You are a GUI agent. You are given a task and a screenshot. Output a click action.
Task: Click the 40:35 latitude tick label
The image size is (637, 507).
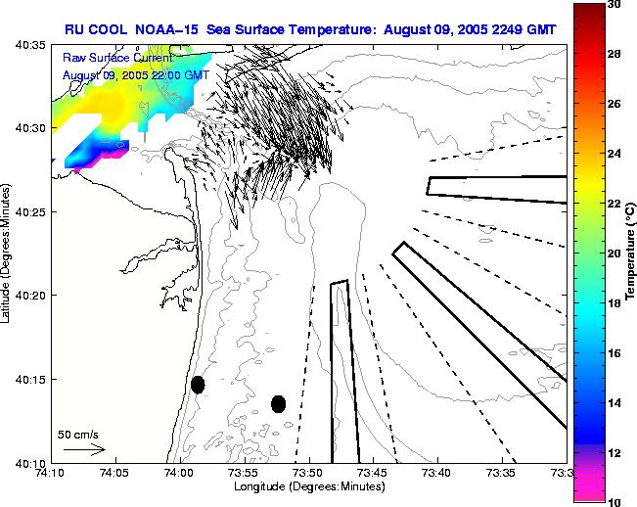[30, 45]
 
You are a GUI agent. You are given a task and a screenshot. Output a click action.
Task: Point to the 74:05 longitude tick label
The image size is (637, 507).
[115, 474]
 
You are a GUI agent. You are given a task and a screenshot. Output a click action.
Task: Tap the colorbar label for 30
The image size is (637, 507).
[614, 5]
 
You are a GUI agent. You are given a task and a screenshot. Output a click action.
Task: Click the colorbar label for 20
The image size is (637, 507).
[614, 253]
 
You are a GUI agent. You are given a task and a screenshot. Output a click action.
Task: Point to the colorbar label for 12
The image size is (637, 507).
[614, 452]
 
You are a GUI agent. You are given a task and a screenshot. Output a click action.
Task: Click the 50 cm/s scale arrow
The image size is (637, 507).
[83, 450]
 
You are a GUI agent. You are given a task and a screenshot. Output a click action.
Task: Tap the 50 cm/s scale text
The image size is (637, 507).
[76, 433]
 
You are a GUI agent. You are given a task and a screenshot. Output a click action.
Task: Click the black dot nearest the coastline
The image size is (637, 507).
[198, 385]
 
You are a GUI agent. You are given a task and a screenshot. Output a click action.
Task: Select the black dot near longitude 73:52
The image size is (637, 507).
[279, 403]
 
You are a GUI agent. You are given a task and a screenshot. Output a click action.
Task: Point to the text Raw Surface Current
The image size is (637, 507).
[102, 59]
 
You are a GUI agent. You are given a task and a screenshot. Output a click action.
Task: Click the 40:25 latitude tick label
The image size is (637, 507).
[30, 212]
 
